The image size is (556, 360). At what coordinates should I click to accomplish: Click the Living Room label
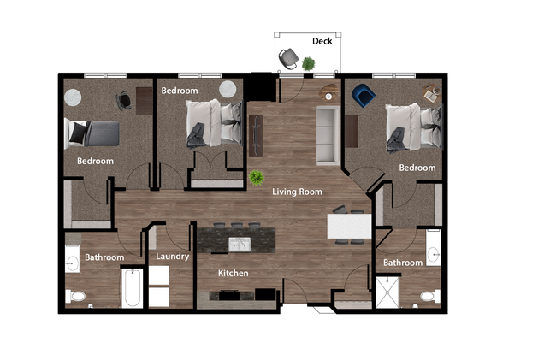(x=297, y=192)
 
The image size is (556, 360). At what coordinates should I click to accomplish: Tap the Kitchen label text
(x=233, y=274)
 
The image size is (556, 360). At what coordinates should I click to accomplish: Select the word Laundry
(x=172, y=256)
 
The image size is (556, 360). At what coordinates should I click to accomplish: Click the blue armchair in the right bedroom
(x=361, y=94)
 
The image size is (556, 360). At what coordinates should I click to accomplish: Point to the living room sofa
(x=328, y=135)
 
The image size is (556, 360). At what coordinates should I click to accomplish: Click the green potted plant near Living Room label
(x=256, y=177)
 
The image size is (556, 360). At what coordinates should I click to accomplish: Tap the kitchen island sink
(x=239, y=245)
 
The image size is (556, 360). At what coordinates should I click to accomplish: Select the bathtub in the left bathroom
(x=132, y=288)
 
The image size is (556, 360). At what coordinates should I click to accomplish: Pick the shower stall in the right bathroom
(x=387, y=291)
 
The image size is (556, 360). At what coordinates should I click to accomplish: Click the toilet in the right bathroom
(x=428, y=297)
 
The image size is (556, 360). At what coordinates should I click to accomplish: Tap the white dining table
(x=349, y=227)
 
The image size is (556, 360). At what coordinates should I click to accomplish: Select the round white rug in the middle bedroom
(x=228, y=89)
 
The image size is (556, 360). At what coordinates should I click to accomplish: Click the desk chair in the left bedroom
(x=126, y=100)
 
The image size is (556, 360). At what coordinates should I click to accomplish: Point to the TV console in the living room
(x=256, y=134)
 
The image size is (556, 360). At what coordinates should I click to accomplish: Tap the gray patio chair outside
(x=288, y=57)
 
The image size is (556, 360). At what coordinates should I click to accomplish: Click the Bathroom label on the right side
(x=402, y=263)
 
